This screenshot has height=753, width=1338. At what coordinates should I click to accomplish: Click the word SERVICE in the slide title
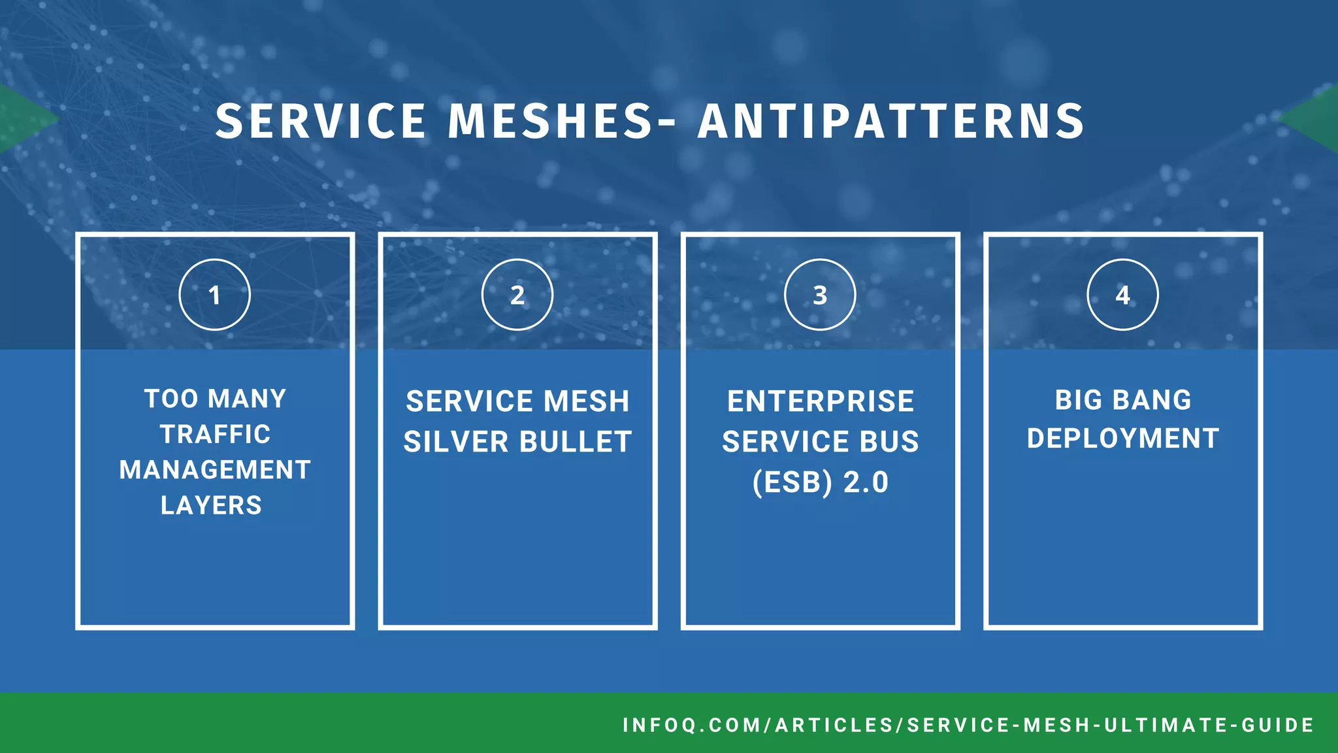tap(320, 122)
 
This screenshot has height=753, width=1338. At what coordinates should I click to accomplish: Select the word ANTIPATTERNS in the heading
tap(891, 122)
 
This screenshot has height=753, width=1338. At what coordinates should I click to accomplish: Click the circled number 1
tap(214, 295)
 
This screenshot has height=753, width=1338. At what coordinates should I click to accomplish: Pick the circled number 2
tap(517, 295)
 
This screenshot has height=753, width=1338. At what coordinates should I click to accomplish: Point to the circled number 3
tap(820, 295)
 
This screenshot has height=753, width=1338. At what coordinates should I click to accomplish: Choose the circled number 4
tap(1122, 295)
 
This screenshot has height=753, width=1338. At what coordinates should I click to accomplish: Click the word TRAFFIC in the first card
tap(215, 435)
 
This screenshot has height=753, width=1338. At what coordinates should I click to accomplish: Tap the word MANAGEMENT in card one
tap(215, 470)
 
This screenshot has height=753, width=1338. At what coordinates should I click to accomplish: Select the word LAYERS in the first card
tap(211, 505)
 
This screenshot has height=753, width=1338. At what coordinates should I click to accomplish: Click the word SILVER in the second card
tap(455, 442)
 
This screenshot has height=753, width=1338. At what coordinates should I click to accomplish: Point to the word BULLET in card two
tap(576, 442)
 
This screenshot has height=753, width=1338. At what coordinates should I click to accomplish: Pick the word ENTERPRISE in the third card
tap(821, 401)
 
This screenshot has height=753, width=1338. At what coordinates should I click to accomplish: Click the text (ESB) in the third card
tap(792, 483)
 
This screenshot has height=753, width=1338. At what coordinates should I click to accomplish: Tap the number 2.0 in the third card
tap(866, 483)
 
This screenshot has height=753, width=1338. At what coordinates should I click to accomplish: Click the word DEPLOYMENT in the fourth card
tap(1123, 438)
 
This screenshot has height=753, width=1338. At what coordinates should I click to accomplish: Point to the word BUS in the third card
tap(889, 442)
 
